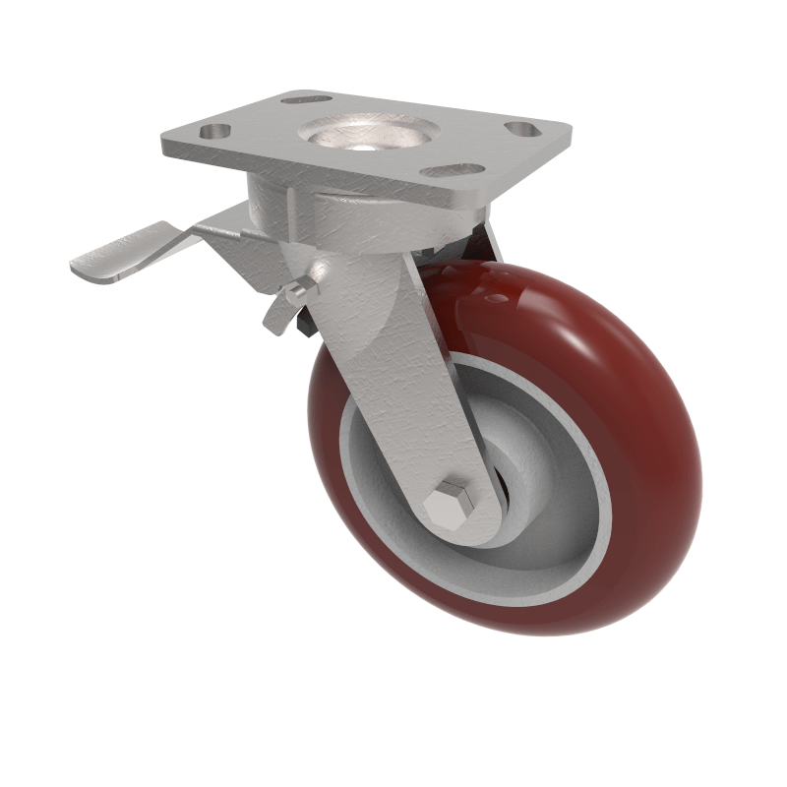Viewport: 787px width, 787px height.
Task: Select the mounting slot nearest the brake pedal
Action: [x=215, y=131]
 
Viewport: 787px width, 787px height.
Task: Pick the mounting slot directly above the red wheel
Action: [x=454, y=170]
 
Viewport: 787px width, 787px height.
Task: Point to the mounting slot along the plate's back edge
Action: [x=304, y=98]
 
